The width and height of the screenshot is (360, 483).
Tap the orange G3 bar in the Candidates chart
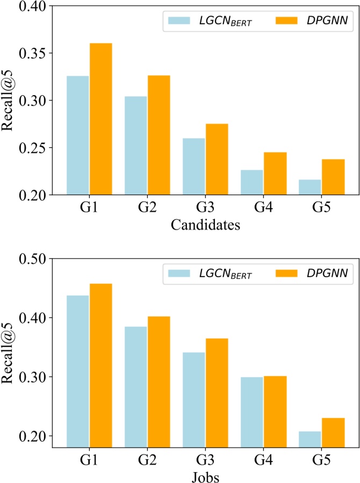(217, 159)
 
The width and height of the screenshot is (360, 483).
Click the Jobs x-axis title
(205, 477)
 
